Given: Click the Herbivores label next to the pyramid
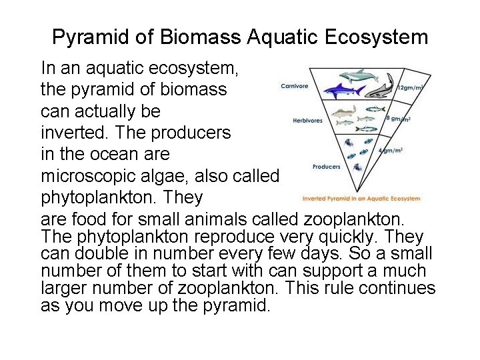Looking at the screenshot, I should click(x=308, y=121).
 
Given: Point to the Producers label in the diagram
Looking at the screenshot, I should click(x=327, y=167).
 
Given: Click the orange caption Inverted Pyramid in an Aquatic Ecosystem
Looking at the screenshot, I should click(x=361, y=198).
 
